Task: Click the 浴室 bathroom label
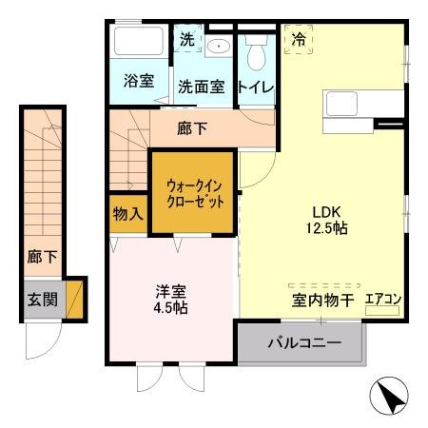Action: click(x=139, y=82)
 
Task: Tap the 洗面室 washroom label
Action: click(x=201, y=87)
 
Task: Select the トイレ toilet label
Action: click(x=256, y=87)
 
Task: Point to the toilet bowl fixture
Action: click(x=255, y=54)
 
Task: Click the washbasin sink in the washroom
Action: click(x=218, y=45)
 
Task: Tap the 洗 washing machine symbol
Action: click(x=186, y=40)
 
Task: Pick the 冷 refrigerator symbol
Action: click(x=299, y=41)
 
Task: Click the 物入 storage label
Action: click(x=127, y=214)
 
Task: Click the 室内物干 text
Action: click(x=322, y=300)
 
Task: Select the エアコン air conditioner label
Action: click(x=383, y=299)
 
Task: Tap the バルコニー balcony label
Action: click(x=303, y=343)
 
